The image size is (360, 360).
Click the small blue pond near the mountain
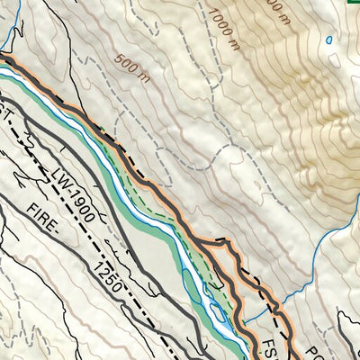pos(329,40)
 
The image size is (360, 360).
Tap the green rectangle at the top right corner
pos(354,3)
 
